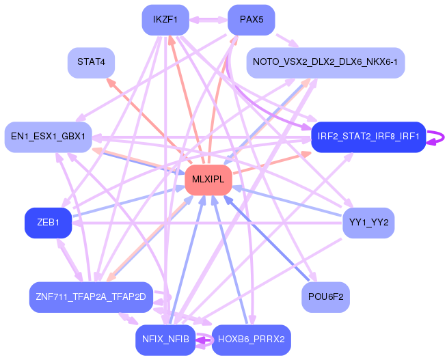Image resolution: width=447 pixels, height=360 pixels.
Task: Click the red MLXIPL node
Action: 208,180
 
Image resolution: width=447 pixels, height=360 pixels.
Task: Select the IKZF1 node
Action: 165,20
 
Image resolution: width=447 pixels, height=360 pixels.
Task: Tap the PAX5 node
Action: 251,20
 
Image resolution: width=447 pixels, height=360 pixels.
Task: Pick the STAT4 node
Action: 91,62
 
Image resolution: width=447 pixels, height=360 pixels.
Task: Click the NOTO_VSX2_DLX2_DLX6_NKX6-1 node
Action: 325,62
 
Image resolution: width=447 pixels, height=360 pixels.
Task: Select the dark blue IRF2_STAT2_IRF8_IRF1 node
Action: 368,137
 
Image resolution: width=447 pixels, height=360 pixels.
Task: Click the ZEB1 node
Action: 48,223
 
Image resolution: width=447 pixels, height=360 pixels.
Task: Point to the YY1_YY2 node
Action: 368,223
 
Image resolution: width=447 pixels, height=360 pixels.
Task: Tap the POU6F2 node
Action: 325,297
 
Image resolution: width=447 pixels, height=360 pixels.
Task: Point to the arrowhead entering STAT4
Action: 108,81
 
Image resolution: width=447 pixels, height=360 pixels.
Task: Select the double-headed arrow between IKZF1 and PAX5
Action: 208,20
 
